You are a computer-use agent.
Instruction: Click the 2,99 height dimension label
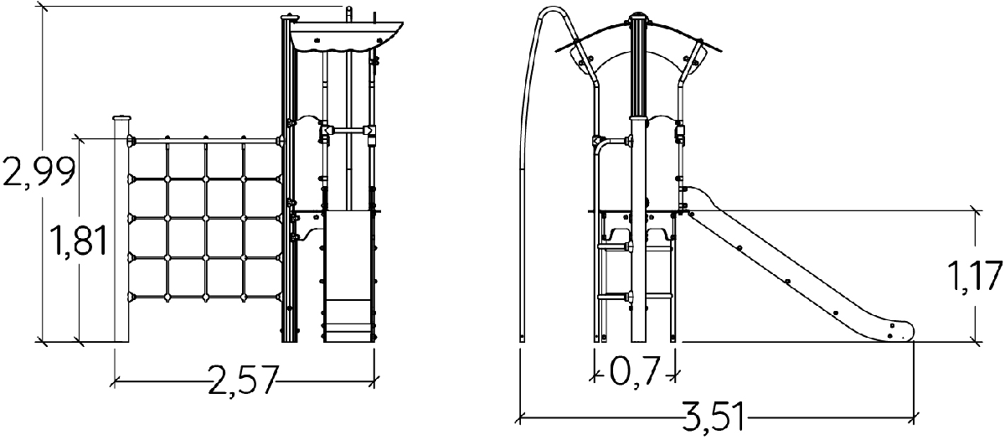click(x=39, y=172)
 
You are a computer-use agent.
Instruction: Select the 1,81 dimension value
click(x=79, y=241)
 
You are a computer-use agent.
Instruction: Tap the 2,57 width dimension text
click(x=243, y=380)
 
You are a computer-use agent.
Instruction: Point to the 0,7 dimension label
click(x=635, y=371)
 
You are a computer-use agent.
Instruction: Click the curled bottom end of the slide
click(x=896, y=331)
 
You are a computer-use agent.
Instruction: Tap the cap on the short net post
click(x=121, y=117)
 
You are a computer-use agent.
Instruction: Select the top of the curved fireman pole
click(x=554, y=9)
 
